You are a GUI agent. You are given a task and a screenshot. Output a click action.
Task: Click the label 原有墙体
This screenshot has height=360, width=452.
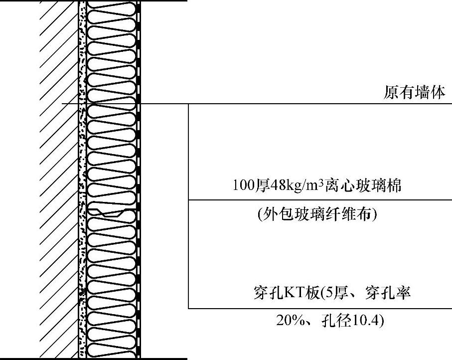pos(414,93)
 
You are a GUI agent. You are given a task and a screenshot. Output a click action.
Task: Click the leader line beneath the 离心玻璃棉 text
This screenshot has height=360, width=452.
pos(319,200)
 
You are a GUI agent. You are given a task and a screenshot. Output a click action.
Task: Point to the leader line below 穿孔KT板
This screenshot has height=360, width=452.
pos(319,308)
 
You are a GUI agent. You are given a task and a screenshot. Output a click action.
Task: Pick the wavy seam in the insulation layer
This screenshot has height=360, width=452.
pos(111,211)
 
